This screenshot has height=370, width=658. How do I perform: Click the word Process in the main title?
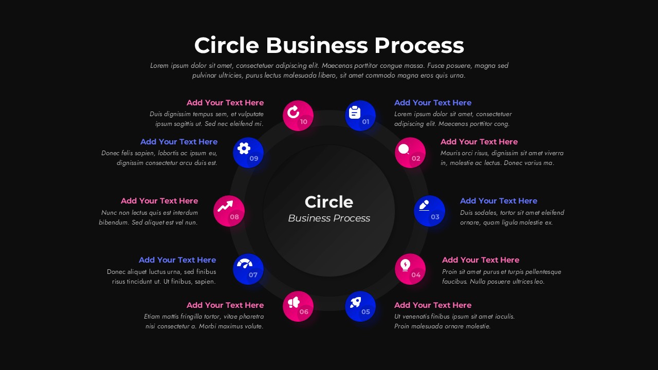pos(418,45)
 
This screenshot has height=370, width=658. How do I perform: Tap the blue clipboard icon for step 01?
pos(355,112)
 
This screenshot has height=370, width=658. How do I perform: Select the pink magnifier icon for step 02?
pos(404,150)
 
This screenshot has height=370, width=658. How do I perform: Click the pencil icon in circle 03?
pos(424,205)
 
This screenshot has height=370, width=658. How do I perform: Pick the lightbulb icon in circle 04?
pos(405,265)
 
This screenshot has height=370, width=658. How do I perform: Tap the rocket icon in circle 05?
pos(355,302)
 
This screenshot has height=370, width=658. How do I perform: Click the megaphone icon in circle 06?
pos(294,302)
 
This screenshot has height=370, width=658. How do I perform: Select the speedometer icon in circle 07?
pos(245,264)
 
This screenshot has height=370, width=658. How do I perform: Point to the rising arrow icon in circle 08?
pos(225,207)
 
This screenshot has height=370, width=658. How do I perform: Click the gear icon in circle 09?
pos(244,149)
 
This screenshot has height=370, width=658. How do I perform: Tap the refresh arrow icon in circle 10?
pos(294,112)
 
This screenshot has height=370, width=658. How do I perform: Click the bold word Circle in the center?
pos(328,202)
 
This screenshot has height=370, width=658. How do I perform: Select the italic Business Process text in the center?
pos(328,218)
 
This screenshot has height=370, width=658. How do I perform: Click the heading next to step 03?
pos(498,201)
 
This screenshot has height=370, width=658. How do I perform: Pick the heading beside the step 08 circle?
pos(159,201)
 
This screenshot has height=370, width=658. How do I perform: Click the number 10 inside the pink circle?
pos(304,122)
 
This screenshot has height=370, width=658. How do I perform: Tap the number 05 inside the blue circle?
pos(365,312)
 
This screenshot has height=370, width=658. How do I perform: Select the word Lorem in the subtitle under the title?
pos(159,66)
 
